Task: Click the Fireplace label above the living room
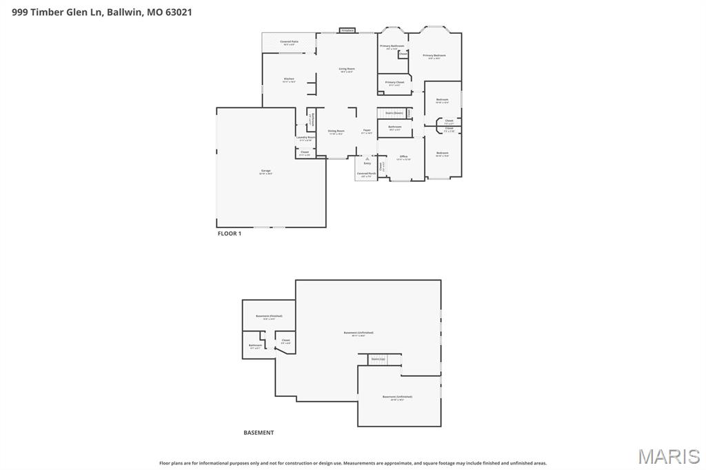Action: pos(348,30)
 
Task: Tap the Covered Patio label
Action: pos(289,42)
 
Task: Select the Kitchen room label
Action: pos(289,79)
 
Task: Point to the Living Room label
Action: pos(346,69)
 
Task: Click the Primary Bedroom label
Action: pos(434,56)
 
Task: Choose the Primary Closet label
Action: pos(395,83)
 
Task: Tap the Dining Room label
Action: pos(336,131)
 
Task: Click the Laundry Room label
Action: pos(305,138)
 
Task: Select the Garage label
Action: pos(265,171)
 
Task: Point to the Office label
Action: pos(403,157)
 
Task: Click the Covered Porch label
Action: pos(366,174)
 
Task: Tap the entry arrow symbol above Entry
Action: pos(367,157)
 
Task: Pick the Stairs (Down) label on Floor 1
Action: pos(394,113)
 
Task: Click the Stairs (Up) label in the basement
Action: pos(378,359)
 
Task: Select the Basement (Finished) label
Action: pos(269,316)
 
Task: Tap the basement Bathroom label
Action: pos(255,345)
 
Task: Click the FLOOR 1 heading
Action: pos(230,234)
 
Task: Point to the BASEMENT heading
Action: pos(259,433)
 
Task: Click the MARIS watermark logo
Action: pos(668,456)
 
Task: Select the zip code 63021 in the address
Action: pos(178,12)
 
